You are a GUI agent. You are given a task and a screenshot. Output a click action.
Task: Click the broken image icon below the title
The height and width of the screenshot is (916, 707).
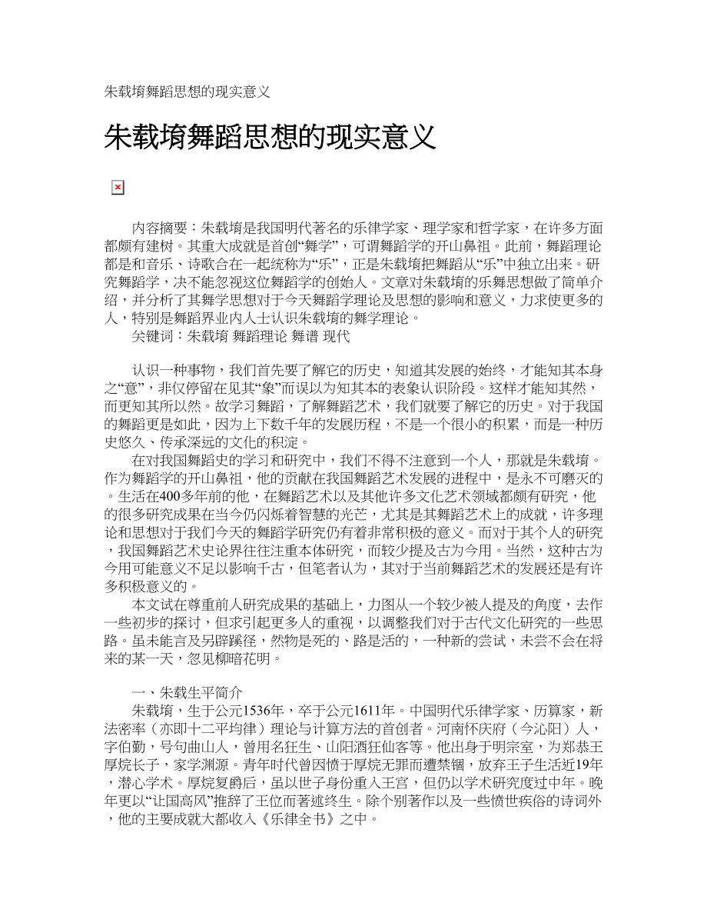coord(118,188)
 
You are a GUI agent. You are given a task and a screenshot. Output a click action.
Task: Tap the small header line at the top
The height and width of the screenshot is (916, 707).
coord(187,92)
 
